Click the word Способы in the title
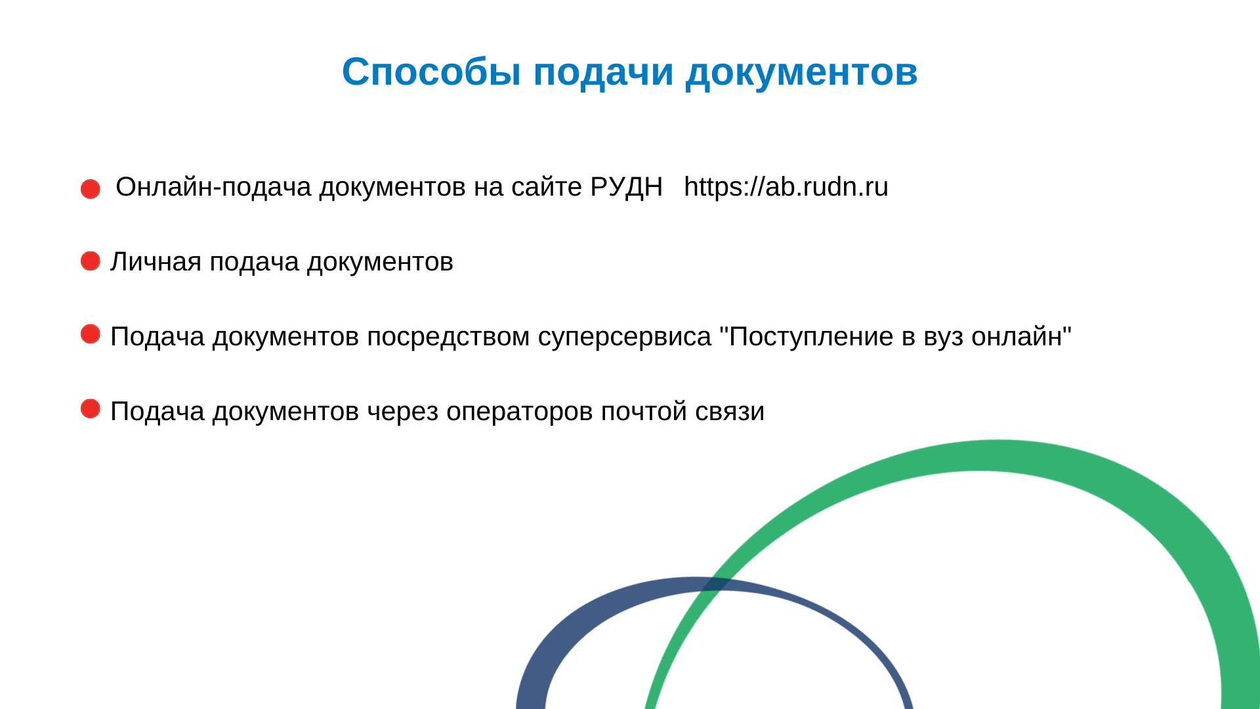tap(432, 72)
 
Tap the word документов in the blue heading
tap(801, 72)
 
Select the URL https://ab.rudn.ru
tap(786, 187)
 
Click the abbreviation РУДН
tap(626, 188)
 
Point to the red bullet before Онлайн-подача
tap(91, 189)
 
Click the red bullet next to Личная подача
tap(91, 261)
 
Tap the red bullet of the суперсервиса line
tap(91, 333)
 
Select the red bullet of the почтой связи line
tap(91, 408)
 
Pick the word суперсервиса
tap(625, 337)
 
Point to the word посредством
tap(448, 337)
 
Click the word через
tap(402, 412)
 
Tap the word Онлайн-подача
tap(213, 188)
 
